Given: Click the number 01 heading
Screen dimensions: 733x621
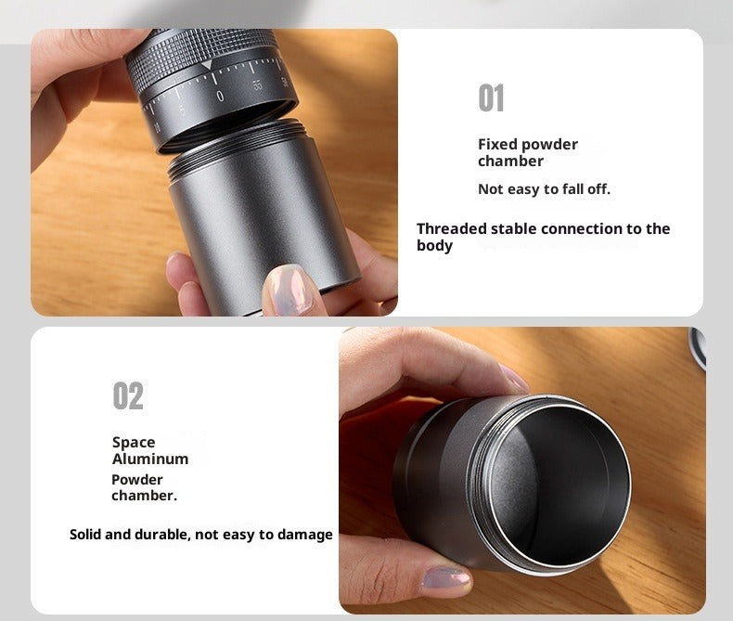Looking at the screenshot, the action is (x=491, y=97).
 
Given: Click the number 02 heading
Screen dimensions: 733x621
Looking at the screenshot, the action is (x=128, y=395).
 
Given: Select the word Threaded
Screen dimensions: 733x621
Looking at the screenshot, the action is (x=452, y=228).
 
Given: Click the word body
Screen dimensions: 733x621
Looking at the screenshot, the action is (x=434, y=246).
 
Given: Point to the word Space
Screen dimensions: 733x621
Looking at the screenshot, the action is (x=134, y=443).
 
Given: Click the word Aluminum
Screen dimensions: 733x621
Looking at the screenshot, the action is (x=150, y=459).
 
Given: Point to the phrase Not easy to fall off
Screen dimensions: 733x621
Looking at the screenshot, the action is (x=544, y=189).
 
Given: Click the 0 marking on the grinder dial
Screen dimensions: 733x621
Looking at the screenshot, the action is (x=220, y=97).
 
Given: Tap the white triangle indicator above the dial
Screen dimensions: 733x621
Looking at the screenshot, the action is (x=207, y=66).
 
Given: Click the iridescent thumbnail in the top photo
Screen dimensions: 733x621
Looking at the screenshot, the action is (x=287, y=289).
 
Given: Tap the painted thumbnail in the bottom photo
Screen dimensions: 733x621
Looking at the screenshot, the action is (x=446, y=578).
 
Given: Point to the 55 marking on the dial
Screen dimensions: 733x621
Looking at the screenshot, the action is (x=258, y=85).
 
